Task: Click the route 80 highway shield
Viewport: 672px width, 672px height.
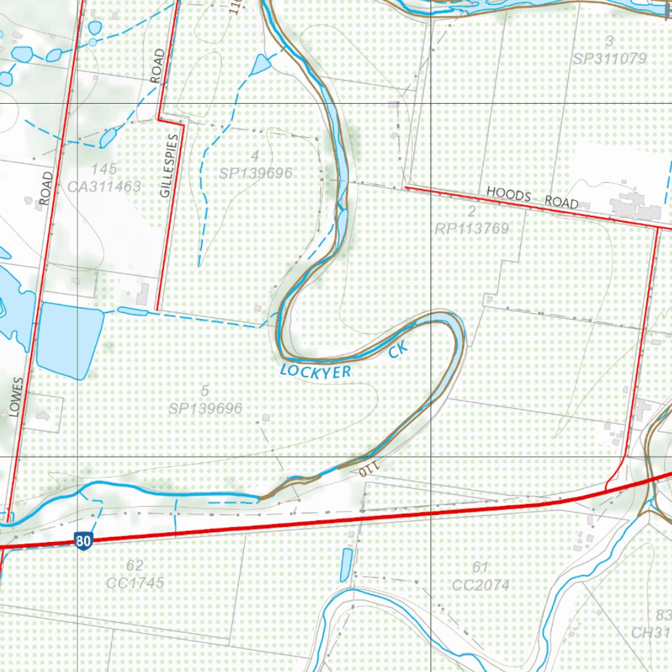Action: pos(83,541)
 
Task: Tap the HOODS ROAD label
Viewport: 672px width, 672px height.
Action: pos(532,198)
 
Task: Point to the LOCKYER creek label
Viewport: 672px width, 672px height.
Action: pos(316,371)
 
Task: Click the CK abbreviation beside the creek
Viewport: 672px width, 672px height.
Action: pos(398,352)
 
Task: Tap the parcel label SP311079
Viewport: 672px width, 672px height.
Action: pos(610,58)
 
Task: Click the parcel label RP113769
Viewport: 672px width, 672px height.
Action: pos(471,228)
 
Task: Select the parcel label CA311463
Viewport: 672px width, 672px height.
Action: pos(104,186)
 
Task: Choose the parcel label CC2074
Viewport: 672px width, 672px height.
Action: pos(481,585)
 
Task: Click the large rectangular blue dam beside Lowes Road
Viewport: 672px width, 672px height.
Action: pos(69,339)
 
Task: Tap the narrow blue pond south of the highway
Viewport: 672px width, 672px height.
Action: pos(346,564)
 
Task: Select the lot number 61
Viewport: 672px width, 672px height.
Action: pos(480,567)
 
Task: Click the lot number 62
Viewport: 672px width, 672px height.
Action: pos(135,565)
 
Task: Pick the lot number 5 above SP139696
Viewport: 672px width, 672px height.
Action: pos(205,391)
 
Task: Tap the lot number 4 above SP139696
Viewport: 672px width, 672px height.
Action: pos(255,156)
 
